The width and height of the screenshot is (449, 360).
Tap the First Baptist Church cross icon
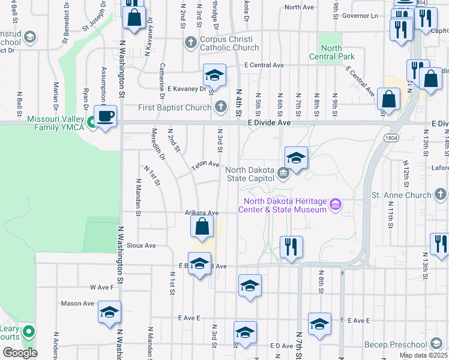tap(221, 107)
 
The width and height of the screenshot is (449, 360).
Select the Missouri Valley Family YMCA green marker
tap(92, 123)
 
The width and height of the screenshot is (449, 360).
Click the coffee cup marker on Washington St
tap(106, 116)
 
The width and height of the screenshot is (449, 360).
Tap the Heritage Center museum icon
tap(336, 205)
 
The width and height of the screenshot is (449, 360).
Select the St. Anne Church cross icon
tap(441, 194)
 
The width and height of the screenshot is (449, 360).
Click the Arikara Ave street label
tap(202, 213)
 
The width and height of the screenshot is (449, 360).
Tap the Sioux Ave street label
tap(141, 245)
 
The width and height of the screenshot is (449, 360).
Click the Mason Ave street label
tap(77, 304)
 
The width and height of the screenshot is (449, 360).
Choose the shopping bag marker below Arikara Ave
tap(203, 227)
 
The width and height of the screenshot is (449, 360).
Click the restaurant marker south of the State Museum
tap(291, 246)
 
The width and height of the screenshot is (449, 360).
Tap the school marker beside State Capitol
tap(296, 158)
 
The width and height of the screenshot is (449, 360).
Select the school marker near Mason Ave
tap(109, 313)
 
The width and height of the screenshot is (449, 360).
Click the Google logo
tap(20, 353)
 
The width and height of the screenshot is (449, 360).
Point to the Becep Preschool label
tap(403, 344)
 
